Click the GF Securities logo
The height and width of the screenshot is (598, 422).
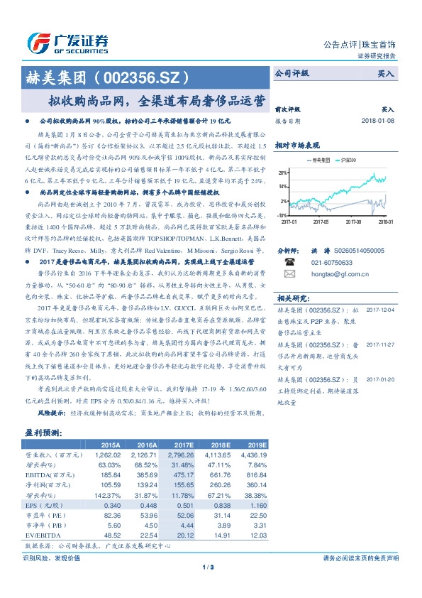tap(67, 41)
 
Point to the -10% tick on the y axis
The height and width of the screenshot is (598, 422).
tap(282, 214)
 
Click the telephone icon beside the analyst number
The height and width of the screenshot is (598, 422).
tap(289, 261)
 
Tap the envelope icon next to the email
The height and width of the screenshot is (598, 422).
tap(289, 273)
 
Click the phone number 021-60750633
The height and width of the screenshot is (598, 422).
tap(332, 261)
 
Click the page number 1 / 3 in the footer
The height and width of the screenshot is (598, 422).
tap(210, 567)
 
